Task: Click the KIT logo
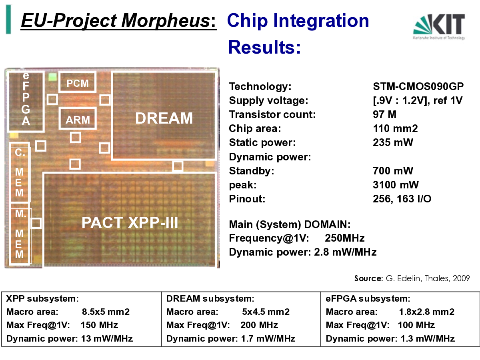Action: click(x=439, y=27)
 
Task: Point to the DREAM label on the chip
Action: click(x=164, y=118)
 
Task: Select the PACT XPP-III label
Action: click(x=130, y=223)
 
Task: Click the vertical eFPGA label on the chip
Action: click(x=26, y=98)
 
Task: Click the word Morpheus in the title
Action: click(x=166, y=20)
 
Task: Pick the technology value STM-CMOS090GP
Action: click(x=418, y=86)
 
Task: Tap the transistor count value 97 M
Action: click(x=384, y=114)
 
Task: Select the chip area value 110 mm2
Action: click(x=395, y=128)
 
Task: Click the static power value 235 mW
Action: click(x=393, y=142)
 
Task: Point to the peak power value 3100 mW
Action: click(x=396, y=185)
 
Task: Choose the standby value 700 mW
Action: click(x=393, y=171)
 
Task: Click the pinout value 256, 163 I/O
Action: click(x=402, y=199)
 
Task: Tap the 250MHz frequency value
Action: click(x=345, y=238)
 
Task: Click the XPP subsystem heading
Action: click(x=42, y=298)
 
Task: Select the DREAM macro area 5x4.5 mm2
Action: click(x=266, y=312)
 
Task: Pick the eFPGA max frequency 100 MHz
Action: click(x=416, y=325)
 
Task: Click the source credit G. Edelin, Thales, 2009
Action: click(x=428, y=278)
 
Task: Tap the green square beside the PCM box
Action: click(x=52, y=77)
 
